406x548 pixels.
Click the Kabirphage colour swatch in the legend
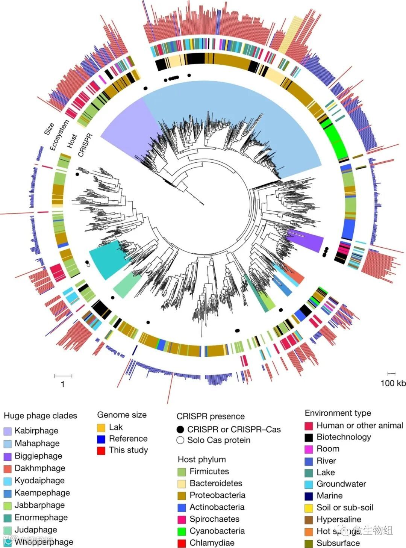8,431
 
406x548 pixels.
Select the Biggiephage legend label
38,456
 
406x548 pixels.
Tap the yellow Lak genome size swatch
101,428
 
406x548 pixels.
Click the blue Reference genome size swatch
101,439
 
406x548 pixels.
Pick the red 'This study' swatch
101,450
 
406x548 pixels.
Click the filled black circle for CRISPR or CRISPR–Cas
180,430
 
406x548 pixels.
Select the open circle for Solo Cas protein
180,440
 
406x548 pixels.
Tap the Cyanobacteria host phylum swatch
182,531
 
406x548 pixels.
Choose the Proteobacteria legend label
217,495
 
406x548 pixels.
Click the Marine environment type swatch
309,496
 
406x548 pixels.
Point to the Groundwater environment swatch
309,484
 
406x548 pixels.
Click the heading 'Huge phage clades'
40,416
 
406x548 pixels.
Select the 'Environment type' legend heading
338,413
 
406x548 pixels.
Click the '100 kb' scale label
393,383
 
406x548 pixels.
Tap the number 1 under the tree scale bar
63,384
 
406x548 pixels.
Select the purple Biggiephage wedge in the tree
306,241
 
